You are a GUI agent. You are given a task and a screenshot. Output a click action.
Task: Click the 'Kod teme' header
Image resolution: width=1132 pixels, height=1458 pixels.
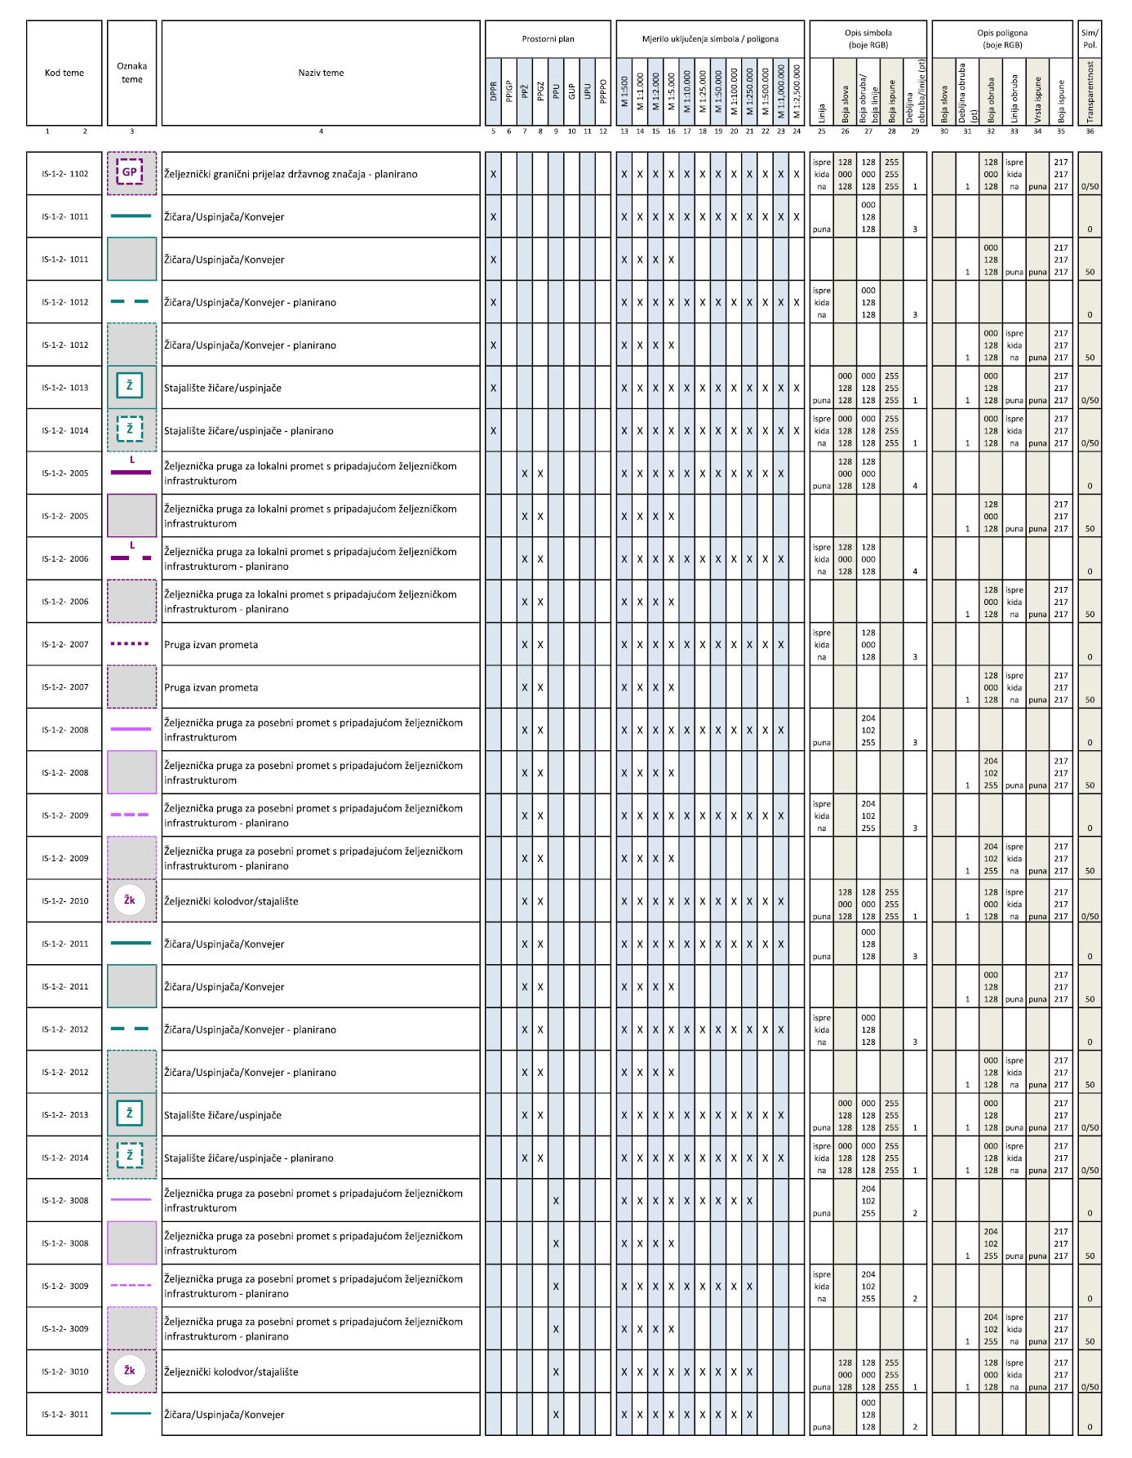64,73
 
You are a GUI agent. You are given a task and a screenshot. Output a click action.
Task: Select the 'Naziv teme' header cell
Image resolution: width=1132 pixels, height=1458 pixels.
321,73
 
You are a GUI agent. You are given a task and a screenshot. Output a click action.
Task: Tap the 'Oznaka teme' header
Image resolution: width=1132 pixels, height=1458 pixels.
131,73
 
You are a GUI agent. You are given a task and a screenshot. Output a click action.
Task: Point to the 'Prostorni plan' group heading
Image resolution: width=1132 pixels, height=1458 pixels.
548,38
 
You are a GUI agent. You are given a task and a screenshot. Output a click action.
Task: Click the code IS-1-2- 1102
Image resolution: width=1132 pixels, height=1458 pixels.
65,174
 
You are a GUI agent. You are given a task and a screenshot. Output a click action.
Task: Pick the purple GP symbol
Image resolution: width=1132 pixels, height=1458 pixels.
130,172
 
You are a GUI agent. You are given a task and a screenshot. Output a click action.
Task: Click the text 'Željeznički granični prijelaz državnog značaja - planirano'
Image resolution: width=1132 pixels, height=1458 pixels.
291,174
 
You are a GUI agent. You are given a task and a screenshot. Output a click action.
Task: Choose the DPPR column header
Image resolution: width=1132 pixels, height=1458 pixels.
493,91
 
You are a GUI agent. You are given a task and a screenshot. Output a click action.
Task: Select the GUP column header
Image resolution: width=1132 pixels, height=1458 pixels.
571,91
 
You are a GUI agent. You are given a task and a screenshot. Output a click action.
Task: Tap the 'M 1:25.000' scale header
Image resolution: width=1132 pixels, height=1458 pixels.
703,91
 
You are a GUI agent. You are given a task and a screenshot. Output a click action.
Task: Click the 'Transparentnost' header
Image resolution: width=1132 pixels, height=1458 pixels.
1090,91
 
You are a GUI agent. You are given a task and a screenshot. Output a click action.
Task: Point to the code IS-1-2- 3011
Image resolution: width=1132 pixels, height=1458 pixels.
65,1415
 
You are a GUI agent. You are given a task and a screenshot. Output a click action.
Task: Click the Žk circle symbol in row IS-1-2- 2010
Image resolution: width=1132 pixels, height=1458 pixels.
130,900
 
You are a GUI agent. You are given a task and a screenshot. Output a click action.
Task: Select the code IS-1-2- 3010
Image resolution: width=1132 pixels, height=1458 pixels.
65,1371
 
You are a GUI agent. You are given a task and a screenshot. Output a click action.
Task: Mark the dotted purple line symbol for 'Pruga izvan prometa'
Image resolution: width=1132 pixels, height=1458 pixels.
131,644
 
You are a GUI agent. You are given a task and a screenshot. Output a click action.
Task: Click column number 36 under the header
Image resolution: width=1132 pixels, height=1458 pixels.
1090,131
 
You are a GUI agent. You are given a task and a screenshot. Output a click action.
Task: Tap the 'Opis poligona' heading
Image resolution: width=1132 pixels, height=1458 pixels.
1002,38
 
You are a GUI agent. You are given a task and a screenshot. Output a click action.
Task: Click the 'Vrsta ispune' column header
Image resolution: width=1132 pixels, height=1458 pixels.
1037,91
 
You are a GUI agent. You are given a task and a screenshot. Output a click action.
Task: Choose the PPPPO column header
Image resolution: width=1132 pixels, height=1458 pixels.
603,91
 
